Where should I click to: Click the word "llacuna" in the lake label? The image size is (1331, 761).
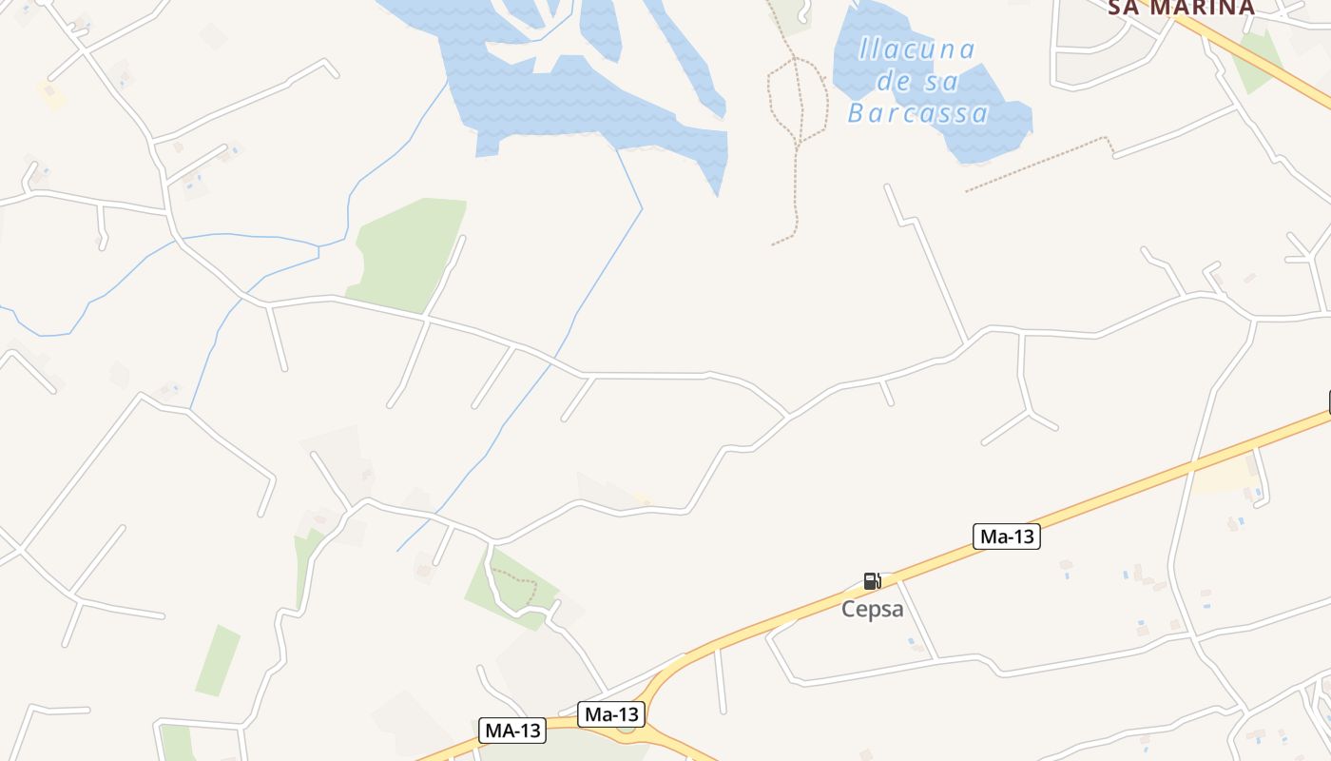coord(916,49)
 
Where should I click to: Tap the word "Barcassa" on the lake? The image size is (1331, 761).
coord(918,114)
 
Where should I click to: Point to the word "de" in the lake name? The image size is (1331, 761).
coord(894,82)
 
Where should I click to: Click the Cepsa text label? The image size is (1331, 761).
coord(872,610)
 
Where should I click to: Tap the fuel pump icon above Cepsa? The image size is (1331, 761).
coord(872,581)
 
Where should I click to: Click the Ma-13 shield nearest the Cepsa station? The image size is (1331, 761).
coord(1007,537)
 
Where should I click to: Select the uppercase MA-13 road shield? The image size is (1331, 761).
coord(511,731)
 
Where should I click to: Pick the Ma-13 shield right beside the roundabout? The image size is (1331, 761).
coord(611,714)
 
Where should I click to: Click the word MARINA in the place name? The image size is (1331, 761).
coord(1208,8)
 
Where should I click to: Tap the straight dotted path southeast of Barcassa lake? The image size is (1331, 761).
coord(1036,165)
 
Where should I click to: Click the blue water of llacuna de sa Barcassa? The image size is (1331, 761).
coord(989,133)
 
